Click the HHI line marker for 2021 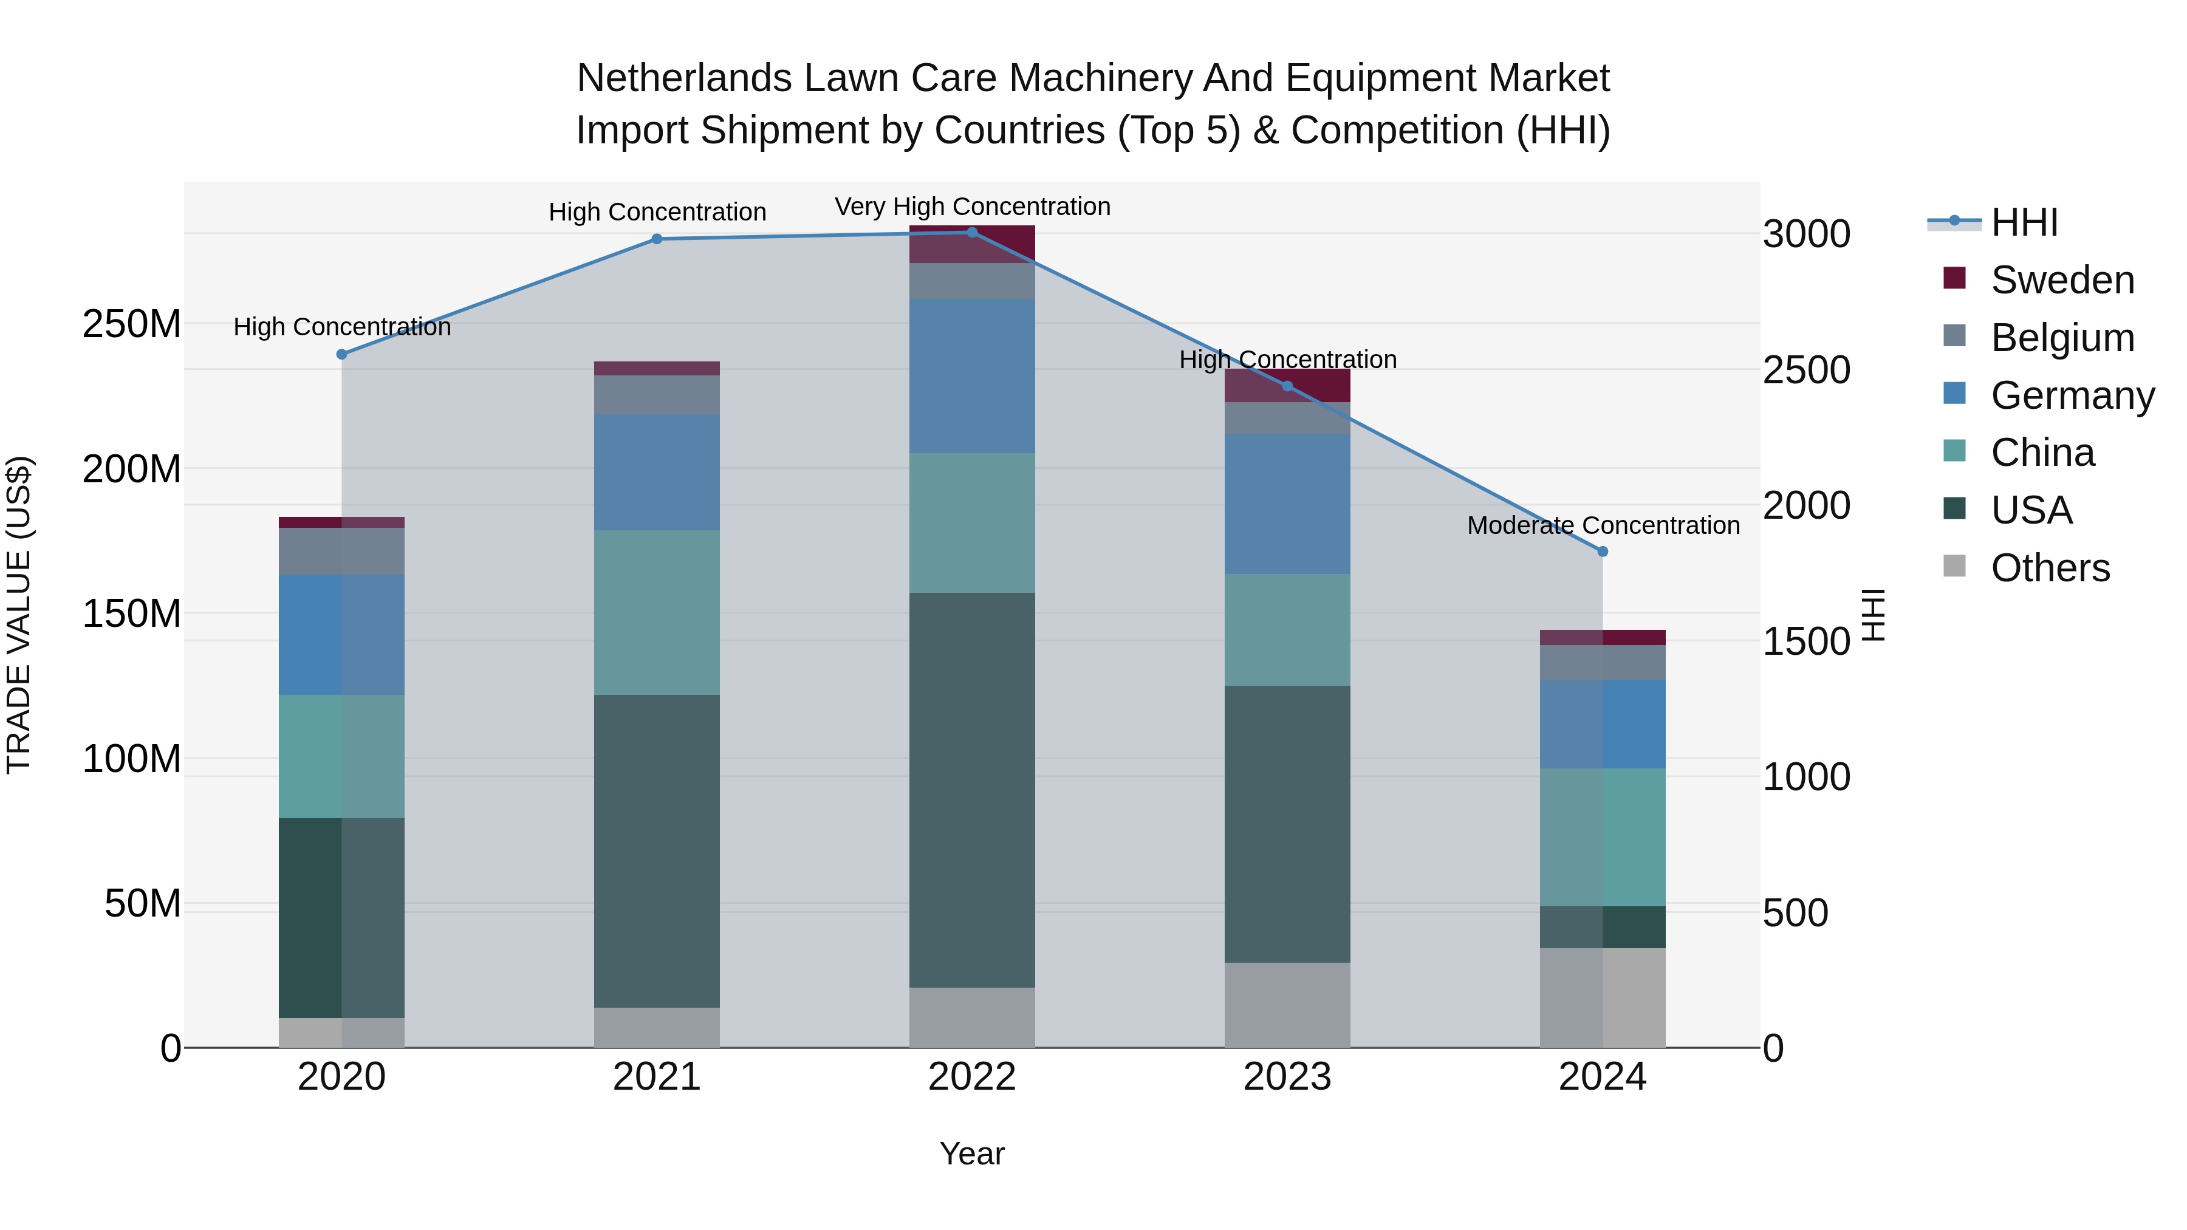(656, 239)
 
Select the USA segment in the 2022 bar (972, 790)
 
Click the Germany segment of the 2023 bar (1287, 504)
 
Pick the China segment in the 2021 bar (656, 613)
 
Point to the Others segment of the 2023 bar (1287, 1005)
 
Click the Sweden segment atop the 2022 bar (972, 244)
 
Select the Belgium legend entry (2061, 338)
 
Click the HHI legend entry (2024, 222)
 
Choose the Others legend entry (2050, 568)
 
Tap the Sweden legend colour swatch (1954, 278)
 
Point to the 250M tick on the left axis (132, 324)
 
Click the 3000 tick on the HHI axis (1807, 234)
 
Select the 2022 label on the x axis (972, 1077)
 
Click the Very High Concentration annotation (972, 207)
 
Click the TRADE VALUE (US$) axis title (19, 615)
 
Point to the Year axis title (972, 1153)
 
